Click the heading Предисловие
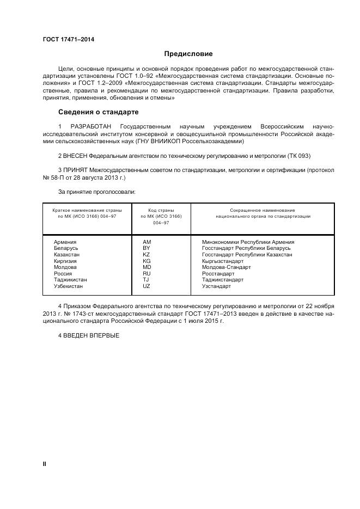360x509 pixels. tap(188, 54)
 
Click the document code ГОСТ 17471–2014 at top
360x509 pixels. tap(68, 39)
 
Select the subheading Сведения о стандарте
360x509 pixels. tap(98, 112)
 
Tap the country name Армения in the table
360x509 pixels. tap(65, 242)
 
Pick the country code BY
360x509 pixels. tap(146, 248)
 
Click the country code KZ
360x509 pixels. tap(146, 254)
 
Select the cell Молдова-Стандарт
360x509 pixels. tap(226, 267)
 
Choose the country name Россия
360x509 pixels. tap(63, 273)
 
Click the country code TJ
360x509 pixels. tap(145, 280)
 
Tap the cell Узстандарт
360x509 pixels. tap(216, 286)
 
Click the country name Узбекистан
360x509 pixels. tap(68, 286)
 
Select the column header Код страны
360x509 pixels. tap(161, 210)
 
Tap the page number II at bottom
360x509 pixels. tap(45, 463)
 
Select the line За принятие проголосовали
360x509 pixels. tap(96, 192)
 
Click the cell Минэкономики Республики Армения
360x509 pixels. tap(248, 242)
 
